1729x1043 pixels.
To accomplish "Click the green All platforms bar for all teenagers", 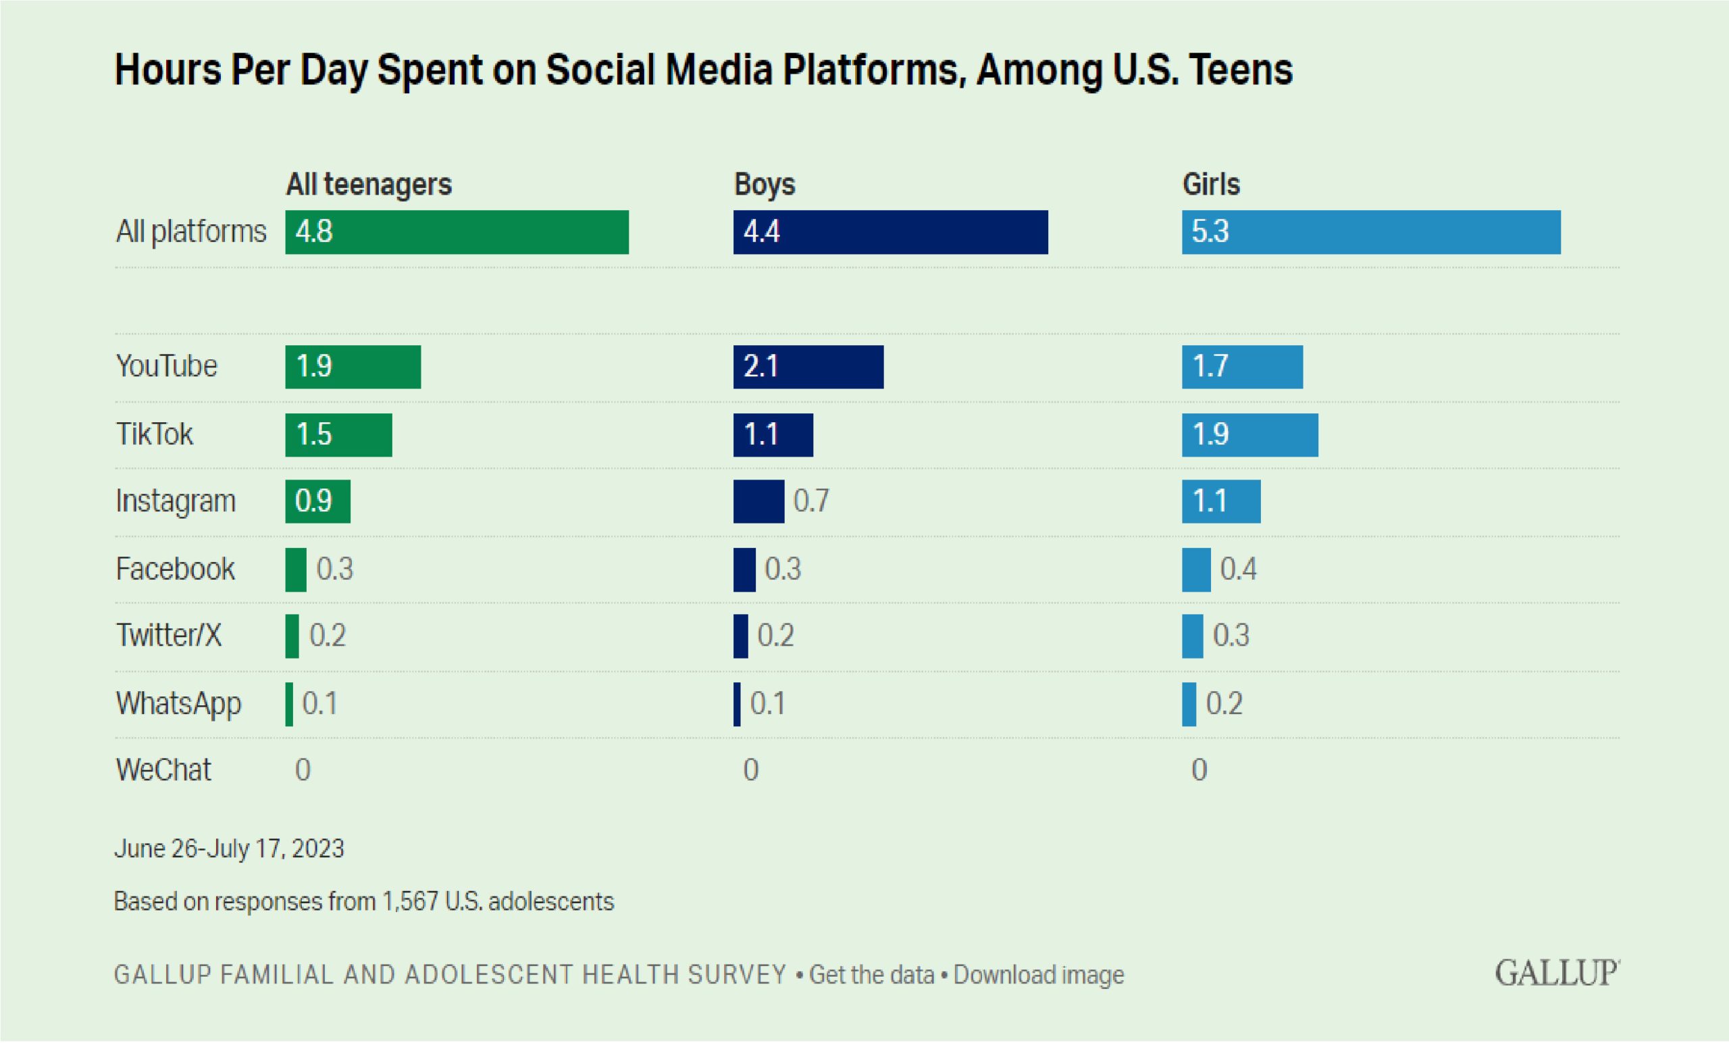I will (457, 232).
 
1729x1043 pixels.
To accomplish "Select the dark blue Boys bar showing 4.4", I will (890, 232).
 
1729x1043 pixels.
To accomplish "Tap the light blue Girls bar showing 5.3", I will (1371, 232).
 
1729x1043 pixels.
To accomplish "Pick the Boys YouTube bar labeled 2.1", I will (808, 366).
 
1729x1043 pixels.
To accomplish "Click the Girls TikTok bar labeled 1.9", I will (1249, 434).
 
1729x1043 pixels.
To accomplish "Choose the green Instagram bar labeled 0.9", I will (317, 501).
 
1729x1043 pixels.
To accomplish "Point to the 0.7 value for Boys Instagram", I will (811, 501).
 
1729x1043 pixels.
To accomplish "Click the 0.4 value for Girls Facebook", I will (1238, 569).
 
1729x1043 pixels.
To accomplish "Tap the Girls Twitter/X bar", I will (1192, 636).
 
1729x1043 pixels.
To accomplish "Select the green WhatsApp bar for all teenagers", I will (289, 704).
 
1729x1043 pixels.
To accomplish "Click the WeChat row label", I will (163, 770).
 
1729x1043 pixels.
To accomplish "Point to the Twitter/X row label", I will (168, 636).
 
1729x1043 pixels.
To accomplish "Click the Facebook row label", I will (175, 569).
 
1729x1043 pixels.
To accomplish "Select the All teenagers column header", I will (368, 184).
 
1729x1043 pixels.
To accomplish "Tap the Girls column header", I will (1211, 184).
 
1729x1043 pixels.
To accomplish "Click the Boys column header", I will (764, 184).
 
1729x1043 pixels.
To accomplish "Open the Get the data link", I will (871, 975).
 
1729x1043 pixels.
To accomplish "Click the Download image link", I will (1039, 975).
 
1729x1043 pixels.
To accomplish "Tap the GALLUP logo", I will (1556, 973).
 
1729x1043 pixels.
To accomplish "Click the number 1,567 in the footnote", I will (410, 901).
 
